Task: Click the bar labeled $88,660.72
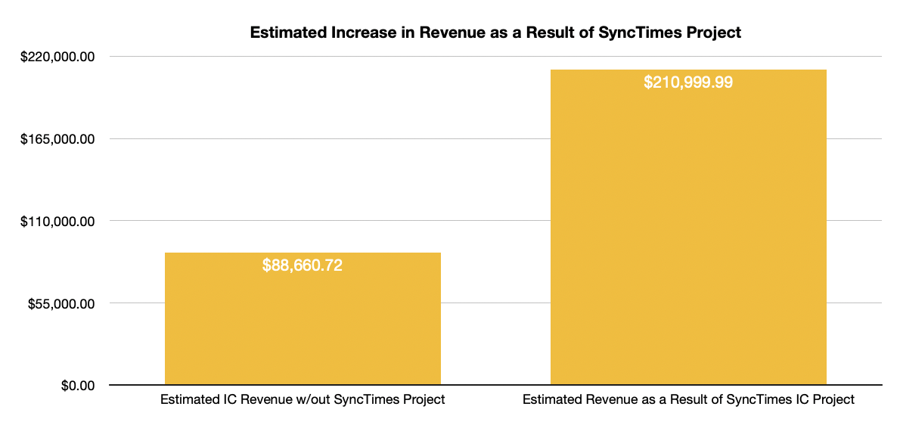pos(303,325)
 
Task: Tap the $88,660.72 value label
pos(303,265)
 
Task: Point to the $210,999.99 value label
pos(688,82)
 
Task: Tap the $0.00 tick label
pos(78,386)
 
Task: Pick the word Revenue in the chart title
pos(427,33)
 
